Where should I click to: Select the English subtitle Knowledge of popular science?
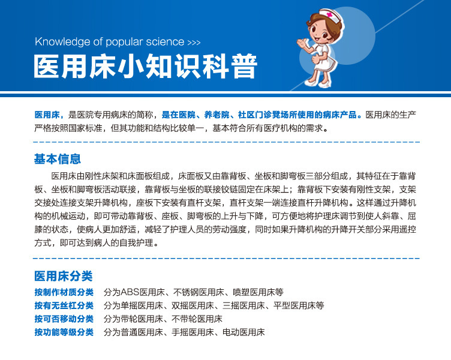point(110,42)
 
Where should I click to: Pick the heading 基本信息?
point(58,160)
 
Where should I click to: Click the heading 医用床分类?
point(64,276)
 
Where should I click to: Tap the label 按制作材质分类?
point(64,292)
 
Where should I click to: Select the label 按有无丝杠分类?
point(64,305)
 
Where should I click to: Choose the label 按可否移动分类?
point(64,319)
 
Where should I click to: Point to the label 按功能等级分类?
point(64,332)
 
